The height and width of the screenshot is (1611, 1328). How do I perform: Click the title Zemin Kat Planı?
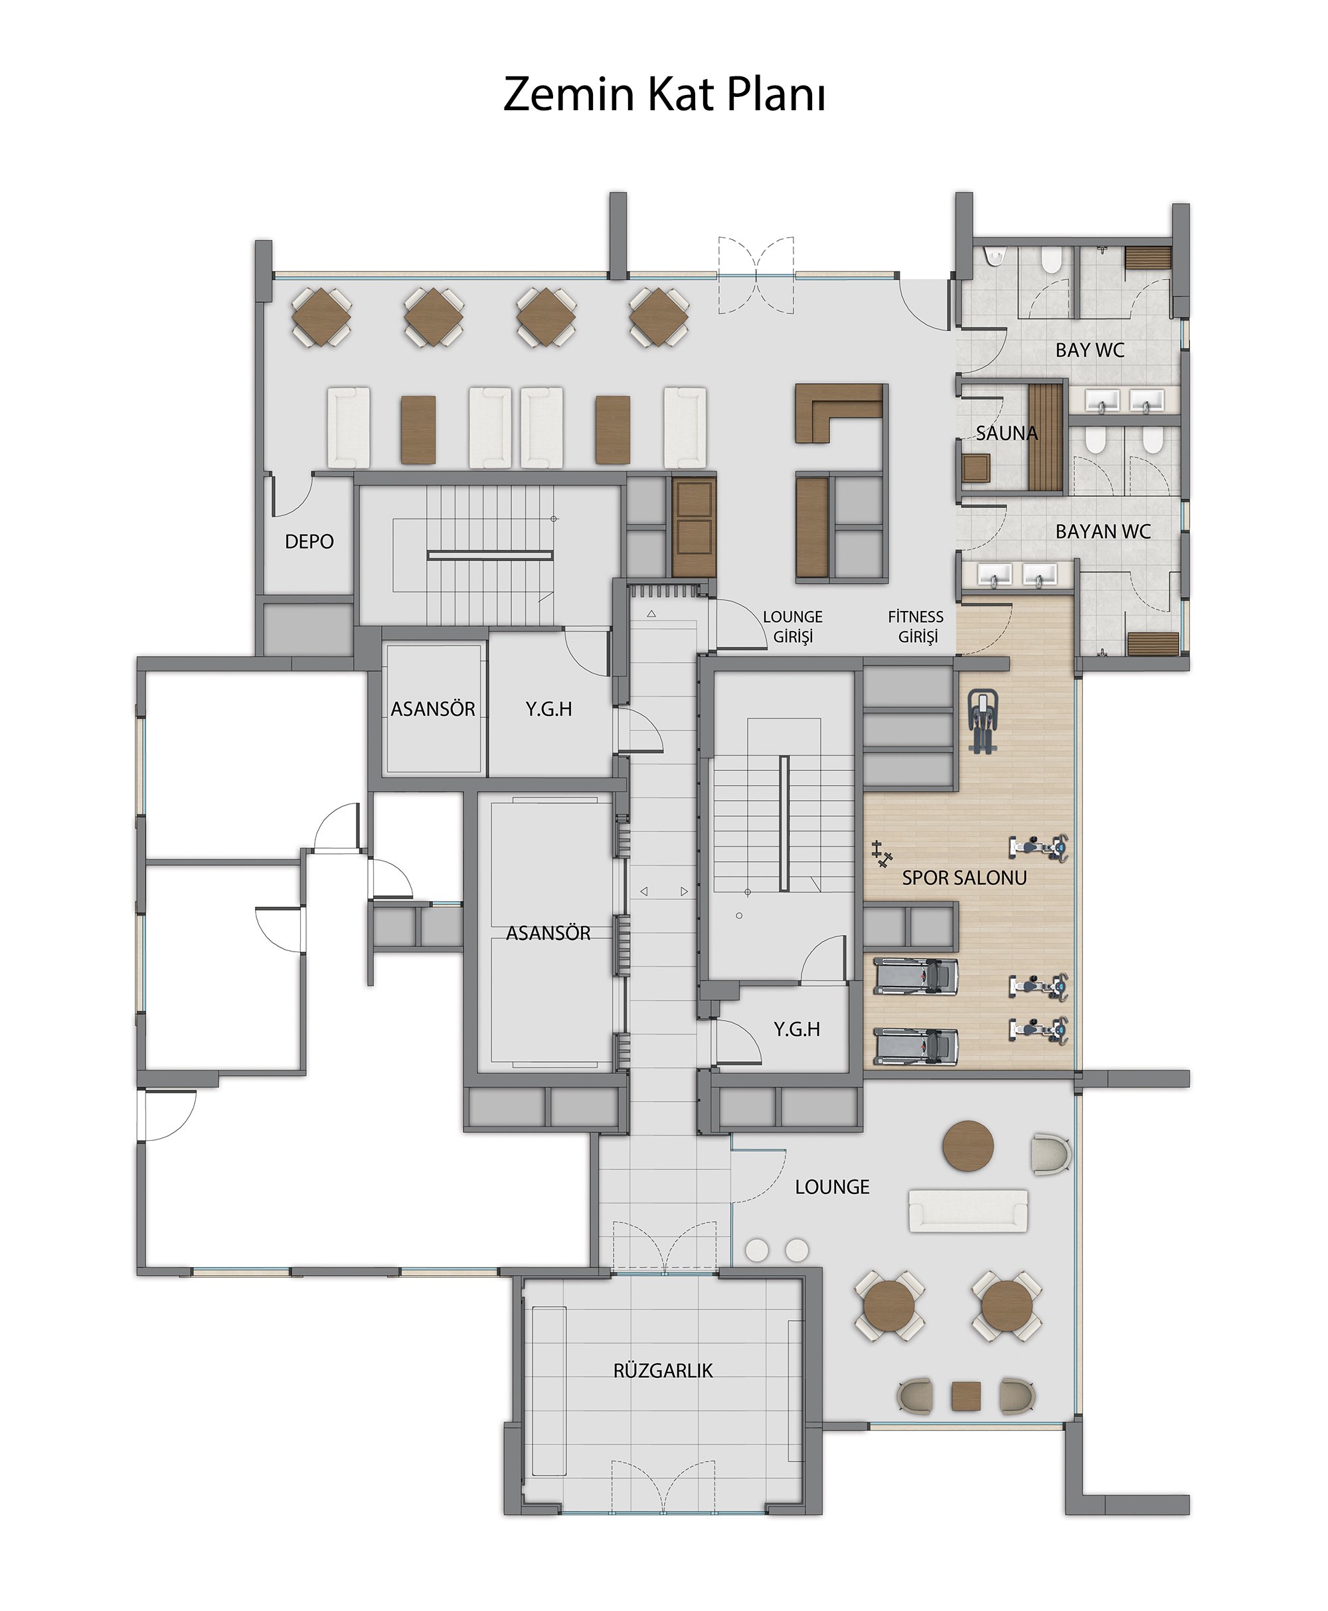[x=664, y=95]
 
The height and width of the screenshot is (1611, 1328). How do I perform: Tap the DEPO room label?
[x=309, y=542]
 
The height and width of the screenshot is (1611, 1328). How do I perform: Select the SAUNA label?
[x=1007, y=433]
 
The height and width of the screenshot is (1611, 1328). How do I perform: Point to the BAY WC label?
[x=1090, y=351]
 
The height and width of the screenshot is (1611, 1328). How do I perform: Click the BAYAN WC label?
[x=1102, y=532]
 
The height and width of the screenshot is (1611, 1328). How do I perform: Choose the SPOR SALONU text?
[x=964, y=877]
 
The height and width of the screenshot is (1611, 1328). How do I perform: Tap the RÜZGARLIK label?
[x=663, y=1370]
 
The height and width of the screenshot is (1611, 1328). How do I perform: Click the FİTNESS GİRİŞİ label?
[x=916, y=626]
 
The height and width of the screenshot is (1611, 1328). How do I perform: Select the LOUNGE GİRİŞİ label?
[x=793, y=626]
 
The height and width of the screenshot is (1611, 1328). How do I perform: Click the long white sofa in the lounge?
[x=967, y=1210]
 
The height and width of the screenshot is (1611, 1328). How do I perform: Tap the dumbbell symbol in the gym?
[x=882, y=854]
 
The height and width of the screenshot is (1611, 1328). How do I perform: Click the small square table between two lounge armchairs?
[x=965, y=1396]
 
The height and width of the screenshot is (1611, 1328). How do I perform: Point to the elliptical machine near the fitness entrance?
[x=982, y=721]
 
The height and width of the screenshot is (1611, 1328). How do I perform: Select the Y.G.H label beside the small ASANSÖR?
[x=548, y=709]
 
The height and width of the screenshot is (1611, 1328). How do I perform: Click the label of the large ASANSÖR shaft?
[x=548, y=933]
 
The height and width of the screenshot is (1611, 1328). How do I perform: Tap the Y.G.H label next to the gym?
[x=796, y=1030]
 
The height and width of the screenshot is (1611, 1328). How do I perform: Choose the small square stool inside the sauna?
[x=976, y=468]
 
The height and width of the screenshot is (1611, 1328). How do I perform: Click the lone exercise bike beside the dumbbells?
[x=1038, y=847]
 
